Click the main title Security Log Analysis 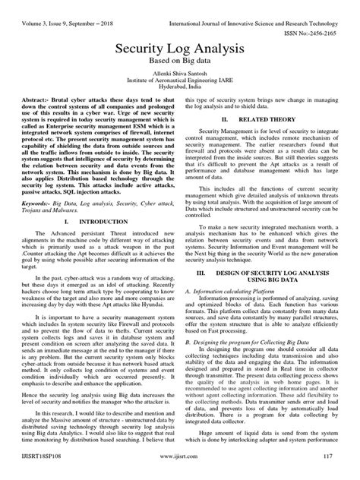click(179, 48)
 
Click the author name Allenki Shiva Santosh click(179, 77)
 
